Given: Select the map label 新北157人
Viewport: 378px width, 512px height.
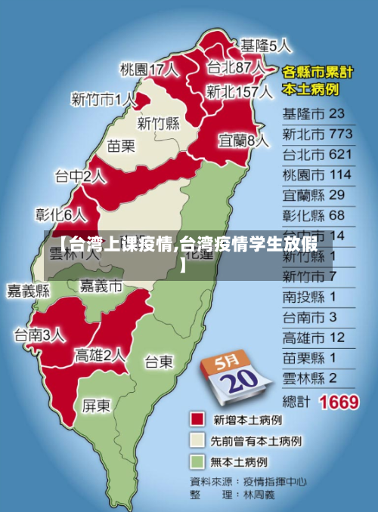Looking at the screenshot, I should point(239,92).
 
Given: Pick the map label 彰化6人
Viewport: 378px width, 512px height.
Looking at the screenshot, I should point(61,214).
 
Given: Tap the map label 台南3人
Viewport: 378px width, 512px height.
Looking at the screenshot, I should point(39,335).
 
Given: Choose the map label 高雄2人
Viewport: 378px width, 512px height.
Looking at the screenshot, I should point(100,354).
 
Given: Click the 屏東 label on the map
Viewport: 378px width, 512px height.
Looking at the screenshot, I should point(96,406).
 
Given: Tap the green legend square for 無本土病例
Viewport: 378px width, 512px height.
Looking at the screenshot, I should point(198,461).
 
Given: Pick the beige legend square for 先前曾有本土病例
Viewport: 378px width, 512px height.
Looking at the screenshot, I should point(198,440).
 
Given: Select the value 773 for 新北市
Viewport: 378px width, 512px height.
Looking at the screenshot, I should point(340,134).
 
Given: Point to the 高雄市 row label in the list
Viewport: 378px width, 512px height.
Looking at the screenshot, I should point(303,337).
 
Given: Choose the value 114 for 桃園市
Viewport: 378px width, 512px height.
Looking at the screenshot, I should point(340,174).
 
